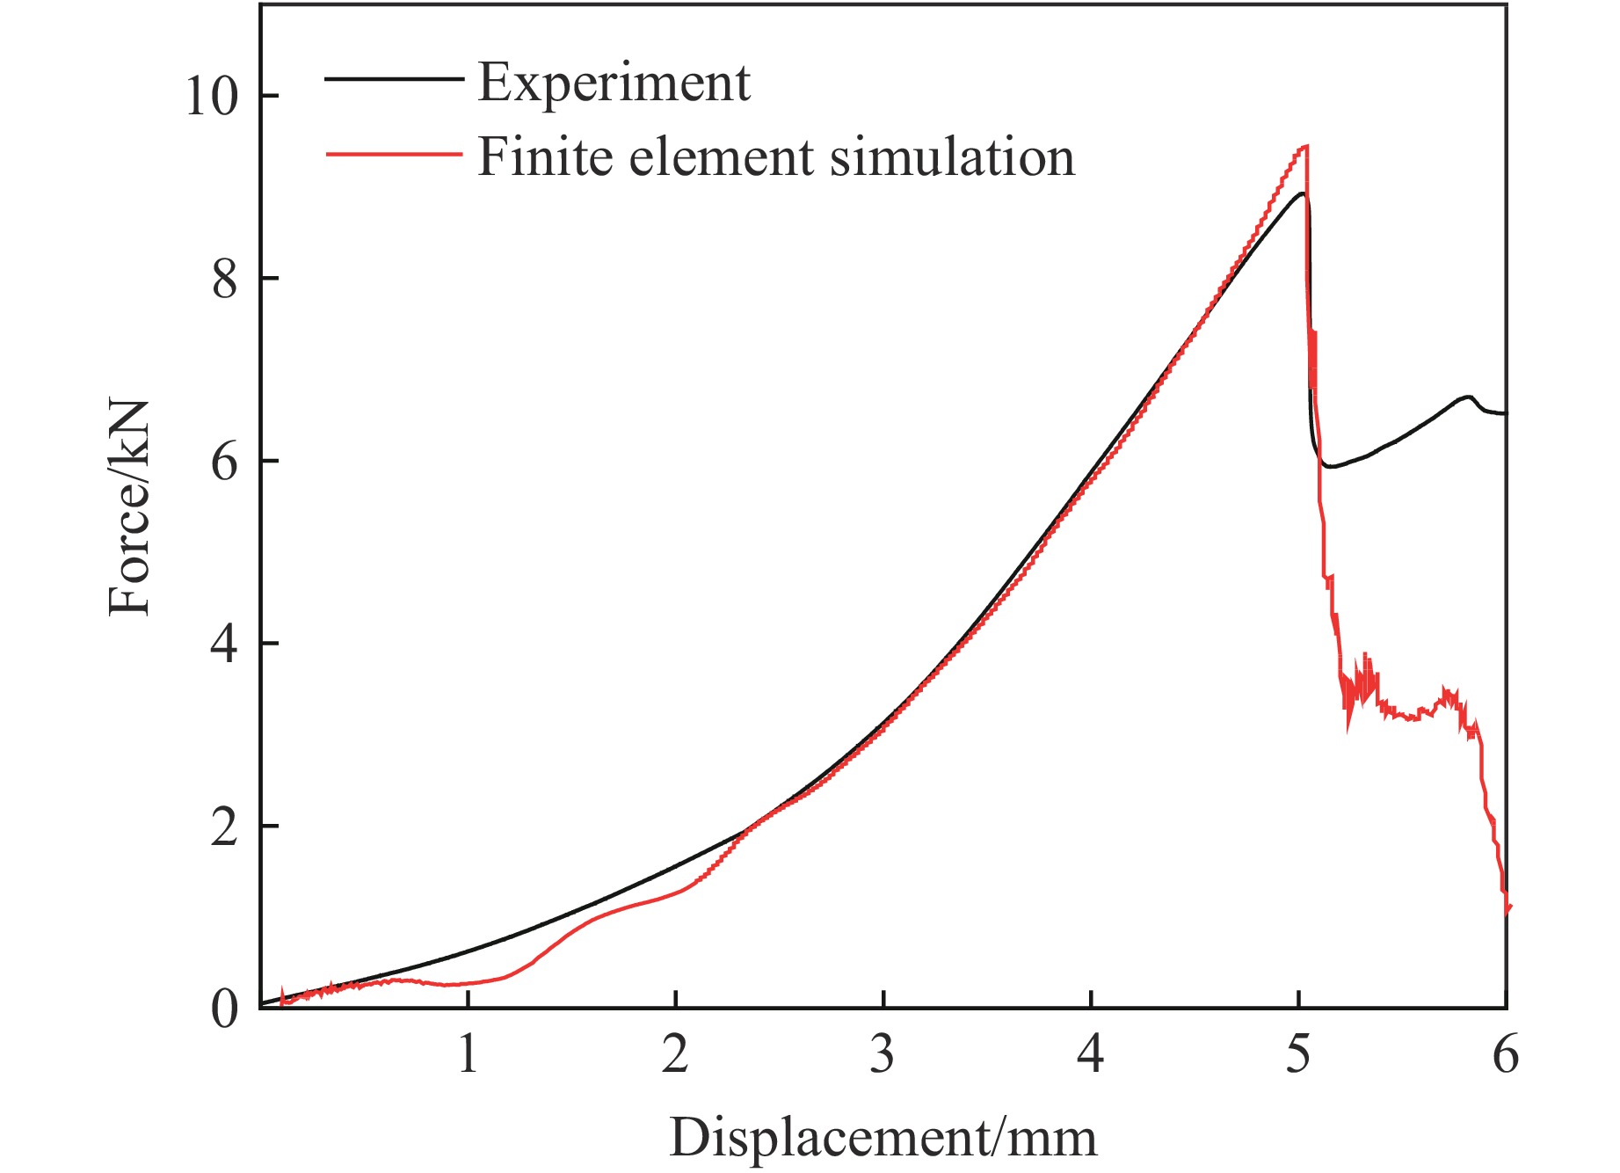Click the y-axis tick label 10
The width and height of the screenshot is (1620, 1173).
click(211, 96)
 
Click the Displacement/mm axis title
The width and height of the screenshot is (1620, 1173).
click(883, 1138)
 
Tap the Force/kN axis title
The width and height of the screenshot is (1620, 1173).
click(129, 508)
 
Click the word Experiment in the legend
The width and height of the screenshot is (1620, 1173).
click(614, 84)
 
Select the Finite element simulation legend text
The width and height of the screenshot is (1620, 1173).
click(775, 157)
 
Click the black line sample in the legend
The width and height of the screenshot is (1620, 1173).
click(394, 79)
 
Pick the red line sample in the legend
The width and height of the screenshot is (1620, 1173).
click(394, 154)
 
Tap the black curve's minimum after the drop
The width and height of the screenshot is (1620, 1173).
click(1331, 466)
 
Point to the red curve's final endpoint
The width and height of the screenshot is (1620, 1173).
click(1508, 907)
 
